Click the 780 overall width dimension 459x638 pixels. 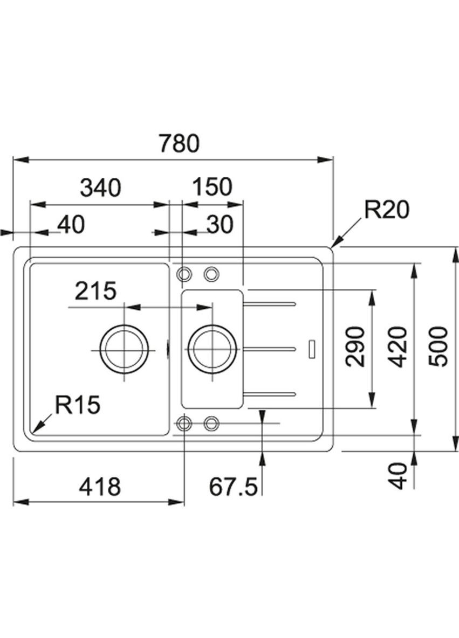coord(179,143)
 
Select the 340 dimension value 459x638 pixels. coord(101,188)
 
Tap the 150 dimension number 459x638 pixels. coord(212,187)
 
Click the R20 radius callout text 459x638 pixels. coord(386,210)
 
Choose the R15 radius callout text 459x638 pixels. coord(77,405)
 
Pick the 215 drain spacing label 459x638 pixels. coord(95,291)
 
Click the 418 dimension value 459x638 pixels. coord(100,487)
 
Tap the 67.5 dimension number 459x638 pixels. coord(234,487)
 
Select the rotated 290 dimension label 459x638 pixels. coord(355,346)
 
